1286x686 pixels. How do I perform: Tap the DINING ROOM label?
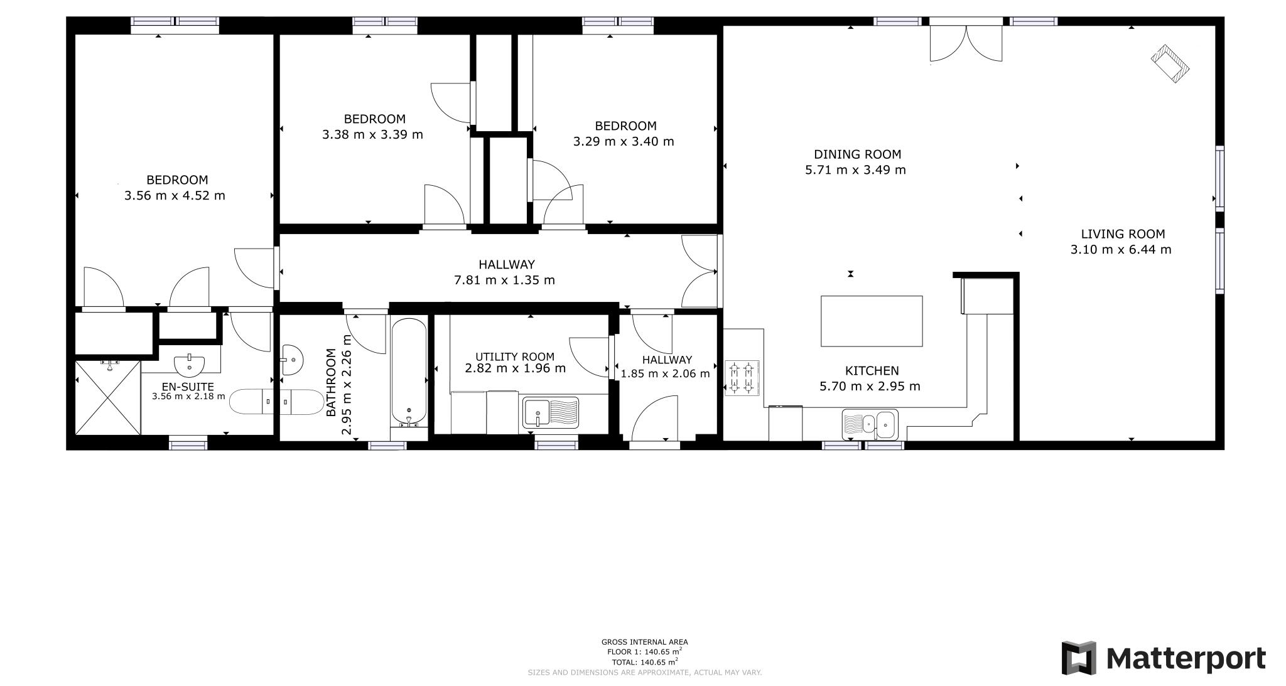point(856,154)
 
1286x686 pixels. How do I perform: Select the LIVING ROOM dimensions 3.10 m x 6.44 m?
point(1120,250)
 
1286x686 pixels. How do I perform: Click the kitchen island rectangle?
point(872,321)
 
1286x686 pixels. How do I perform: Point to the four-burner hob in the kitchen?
point(741,378)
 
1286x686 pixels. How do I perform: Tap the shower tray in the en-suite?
point(107,397)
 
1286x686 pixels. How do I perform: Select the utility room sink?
point(551,413)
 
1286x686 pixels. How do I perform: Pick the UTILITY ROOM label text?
point(514,356)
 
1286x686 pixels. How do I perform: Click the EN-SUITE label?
point(188,387)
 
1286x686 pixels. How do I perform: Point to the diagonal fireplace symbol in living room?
point(1170,63)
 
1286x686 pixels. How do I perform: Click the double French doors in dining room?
point(965,43)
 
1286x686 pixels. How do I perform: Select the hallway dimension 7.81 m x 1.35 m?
point(504,281)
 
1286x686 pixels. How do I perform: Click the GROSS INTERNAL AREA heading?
point(644,642)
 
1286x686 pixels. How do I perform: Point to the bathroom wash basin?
point(292,360)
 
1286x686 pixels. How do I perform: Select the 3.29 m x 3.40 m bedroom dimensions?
point(623,142)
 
